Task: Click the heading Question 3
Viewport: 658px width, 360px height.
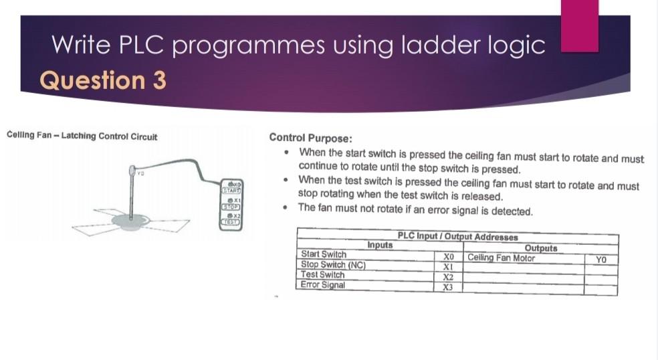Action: pyautogui.click(x=103, y=80)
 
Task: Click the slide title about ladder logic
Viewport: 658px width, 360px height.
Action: pyautogui.click(x=298, y=45)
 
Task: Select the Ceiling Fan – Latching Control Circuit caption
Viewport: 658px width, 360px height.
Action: pyautogui.click(x=82, y=137)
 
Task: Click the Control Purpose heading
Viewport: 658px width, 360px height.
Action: pyautogui.click(x=310, y=138)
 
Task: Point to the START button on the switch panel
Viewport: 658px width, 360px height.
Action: pyautogui.click(x=231, y=191)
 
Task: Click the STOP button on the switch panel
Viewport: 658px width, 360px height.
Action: pyautogui.click(x=231, y=207)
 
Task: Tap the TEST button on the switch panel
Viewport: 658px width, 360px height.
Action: pyautogui.click(x=231, y=222)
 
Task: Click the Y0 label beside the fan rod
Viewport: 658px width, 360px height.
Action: pyautogui.click(x=140, y=173)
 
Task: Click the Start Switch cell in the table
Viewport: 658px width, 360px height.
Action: pyautogui.click(x=324, y=254)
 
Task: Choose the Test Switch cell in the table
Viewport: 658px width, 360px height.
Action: pyautogui.click(x=323, y=274)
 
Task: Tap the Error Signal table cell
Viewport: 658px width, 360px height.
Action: pyautogui.click(x=323, y=285)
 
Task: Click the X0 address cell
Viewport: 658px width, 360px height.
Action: pyautogui.click(x=449, y=256)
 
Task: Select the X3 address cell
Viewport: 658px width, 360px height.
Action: pyautogui.click(x=449, y=287)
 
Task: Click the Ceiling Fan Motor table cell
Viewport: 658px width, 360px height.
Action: pyautogui.click(x=502, y=258)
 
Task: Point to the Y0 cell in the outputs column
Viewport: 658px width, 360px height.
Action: pyautogui.click(x=600, y=259)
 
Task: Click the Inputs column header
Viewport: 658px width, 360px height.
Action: pyautogui.click(x=380, y=246)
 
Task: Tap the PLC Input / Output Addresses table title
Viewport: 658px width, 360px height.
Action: pyautogui.click(x=457, y=237)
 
